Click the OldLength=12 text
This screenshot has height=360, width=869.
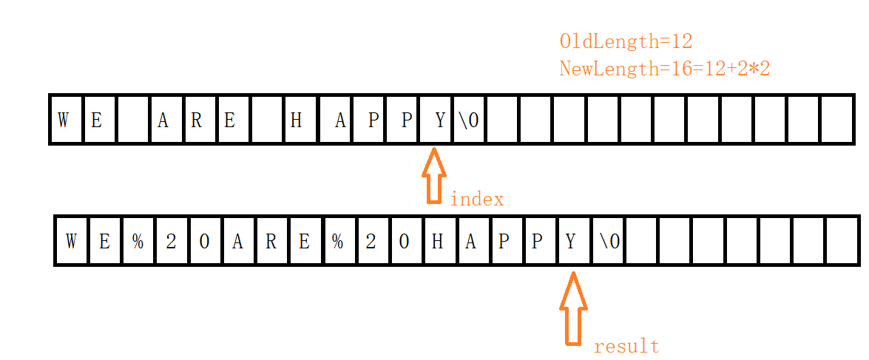click(626, 41)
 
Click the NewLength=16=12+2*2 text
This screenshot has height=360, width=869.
click(665, 69)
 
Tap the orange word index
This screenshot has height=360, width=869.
click(476, 200)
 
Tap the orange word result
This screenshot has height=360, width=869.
click(626, 346)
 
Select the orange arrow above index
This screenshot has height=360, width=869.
click(434, 175)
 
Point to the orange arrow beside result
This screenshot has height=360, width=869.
click(572, 308)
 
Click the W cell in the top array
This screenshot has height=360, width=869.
click(64, 120)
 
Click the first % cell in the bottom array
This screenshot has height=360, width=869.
click(138, 241)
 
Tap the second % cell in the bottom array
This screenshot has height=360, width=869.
click(338, 241)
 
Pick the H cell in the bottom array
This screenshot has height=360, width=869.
click(438, 241)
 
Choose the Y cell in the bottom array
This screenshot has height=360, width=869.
click(572, 241)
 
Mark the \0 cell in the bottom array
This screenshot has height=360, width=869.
click(607, 241)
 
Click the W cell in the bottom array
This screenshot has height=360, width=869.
click(71, 241)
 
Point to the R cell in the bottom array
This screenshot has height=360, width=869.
click(271, 241)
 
